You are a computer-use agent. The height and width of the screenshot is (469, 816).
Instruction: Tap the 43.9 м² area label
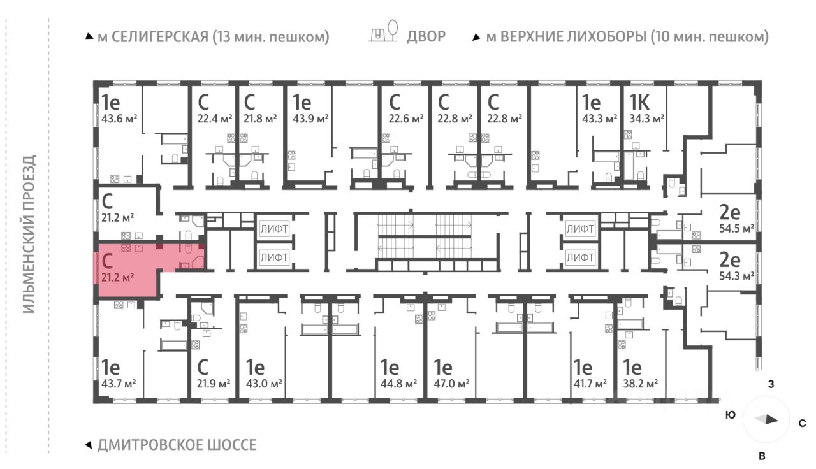tap(310, 119)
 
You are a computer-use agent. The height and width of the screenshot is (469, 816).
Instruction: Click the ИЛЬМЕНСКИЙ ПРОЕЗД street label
tap(29, 234)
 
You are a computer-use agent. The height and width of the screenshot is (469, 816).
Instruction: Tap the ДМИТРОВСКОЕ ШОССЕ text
tap(177, 445)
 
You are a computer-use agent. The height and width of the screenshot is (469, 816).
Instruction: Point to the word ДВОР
tap(426, 36)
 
